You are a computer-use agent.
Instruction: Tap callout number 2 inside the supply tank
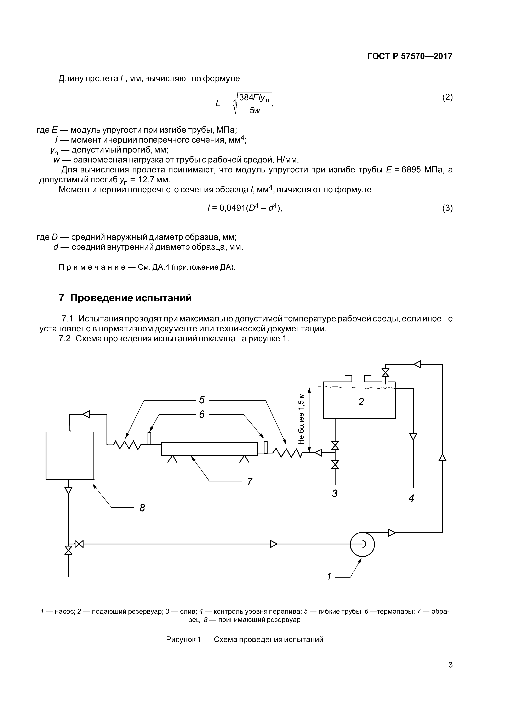[361, 402]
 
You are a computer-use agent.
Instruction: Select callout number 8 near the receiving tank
[142, 508]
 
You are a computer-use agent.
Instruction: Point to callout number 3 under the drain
[335, 493]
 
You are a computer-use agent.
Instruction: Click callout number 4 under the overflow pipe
[411, 498]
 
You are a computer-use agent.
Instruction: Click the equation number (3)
[447, 208]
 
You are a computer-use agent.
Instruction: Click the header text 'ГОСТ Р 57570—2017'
[410, 56]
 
